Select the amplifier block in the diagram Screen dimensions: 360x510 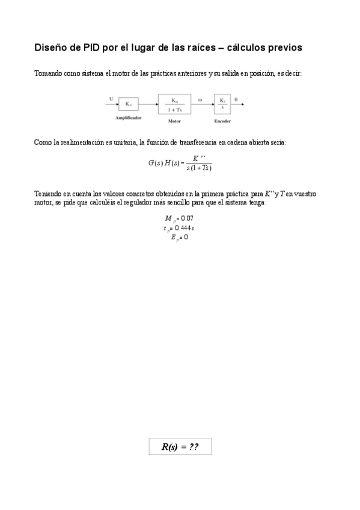(128, 104)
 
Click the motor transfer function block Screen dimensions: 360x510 (174, 104)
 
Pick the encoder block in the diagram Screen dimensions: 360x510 (222, 104)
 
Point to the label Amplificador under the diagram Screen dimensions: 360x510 (128, 118)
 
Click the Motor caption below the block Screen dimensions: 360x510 (174, 121)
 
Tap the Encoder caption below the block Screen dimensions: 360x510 (222, 121)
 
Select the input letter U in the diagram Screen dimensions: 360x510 (111, 98)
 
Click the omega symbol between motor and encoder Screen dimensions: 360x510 (200, 99)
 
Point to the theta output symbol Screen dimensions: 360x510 (236, 99)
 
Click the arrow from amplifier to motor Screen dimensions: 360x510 (148, 104)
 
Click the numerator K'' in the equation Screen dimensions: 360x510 (199, 158)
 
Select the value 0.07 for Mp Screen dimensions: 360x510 (188, 218)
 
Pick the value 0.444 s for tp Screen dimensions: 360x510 (188, 228)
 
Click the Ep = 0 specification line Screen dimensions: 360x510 (180, 237)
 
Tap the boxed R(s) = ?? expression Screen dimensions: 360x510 (180, 446)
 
